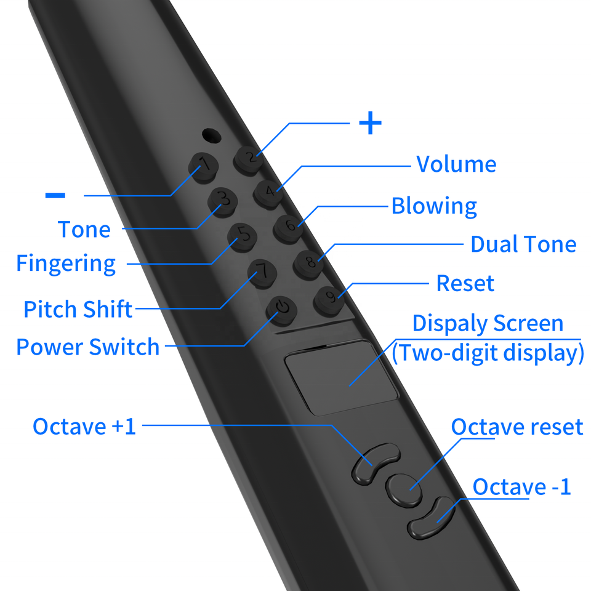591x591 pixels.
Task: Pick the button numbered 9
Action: click(330, 298)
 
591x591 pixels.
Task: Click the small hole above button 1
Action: click(211, 134)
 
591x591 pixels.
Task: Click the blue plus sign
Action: click(370, 124)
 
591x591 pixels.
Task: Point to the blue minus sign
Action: click(55, 195)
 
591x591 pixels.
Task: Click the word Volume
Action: click(456, 164)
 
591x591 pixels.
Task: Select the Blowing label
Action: click(434, 206)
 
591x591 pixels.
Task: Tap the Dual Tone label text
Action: click(523, 244)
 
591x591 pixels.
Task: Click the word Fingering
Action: click(66, 263)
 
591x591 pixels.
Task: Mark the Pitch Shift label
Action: click(78, 309)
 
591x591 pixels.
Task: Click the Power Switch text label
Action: click(87, 347)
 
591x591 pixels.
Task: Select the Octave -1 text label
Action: click(521, 487)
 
